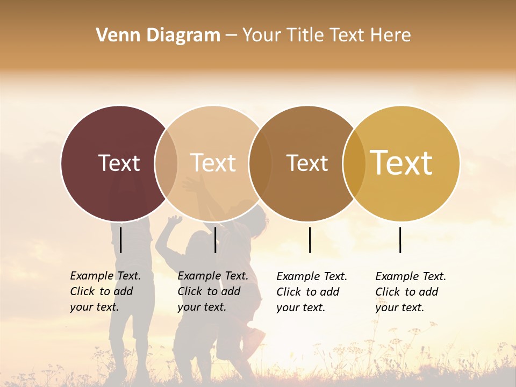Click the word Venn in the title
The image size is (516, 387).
(115, 35)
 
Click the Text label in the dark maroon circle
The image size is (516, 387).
(119, 163)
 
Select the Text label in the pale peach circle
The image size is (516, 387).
(213, 163)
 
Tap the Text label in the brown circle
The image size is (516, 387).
(307, 163)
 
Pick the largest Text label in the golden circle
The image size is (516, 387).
(402, 163)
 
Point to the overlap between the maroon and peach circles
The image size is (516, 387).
(166, 163)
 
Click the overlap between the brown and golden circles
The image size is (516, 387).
(354, 163)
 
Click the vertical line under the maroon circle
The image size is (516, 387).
(121, 240)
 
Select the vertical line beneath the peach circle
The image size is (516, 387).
(215, 240)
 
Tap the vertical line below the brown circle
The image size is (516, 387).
(310, 240)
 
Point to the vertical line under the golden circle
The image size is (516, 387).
(400, 240)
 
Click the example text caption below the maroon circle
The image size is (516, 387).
(105, 291)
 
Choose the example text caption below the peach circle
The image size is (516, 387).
(213, 291)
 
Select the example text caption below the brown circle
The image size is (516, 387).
(312, 292)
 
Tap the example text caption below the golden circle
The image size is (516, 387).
(411, 292)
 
